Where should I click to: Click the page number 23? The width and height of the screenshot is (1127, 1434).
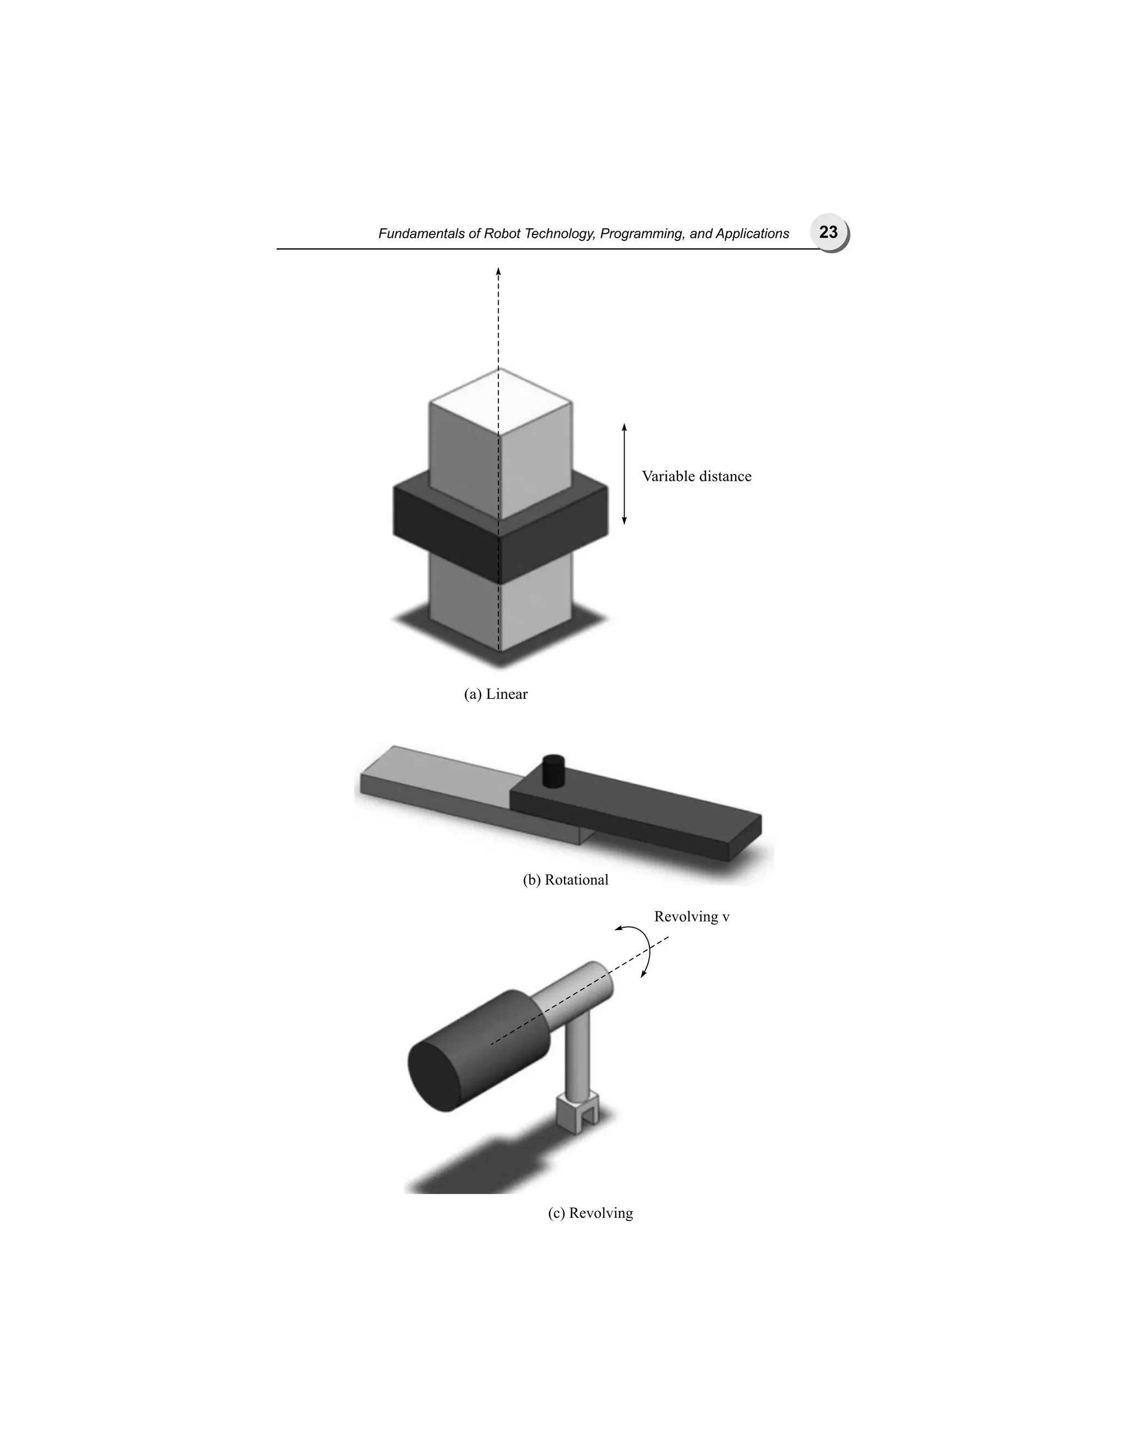point(828,232)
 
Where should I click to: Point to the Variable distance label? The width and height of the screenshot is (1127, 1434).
point(697,477)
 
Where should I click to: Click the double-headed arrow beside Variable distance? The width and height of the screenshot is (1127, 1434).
point(624,474)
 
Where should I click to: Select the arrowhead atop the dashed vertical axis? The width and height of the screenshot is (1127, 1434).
point(498,271)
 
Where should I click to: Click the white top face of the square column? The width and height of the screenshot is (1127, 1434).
point(501,401)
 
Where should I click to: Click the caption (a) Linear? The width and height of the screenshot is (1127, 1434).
point(496,694)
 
